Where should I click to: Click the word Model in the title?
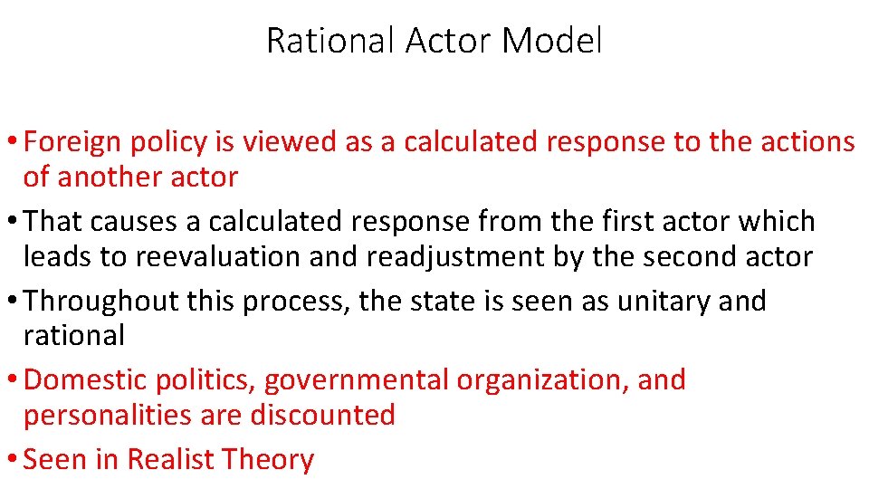point(551,41)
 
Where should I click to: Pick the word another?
point(103,177)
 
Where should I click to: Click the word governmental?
point(356,380)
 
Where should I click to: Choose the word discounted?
point(323,415)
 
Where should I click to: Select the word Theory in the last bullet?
point(268,460)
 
